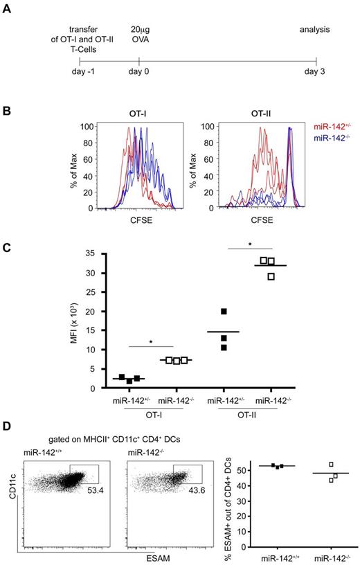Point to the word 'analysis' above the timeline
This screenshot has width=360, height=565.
pos(316,30)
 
